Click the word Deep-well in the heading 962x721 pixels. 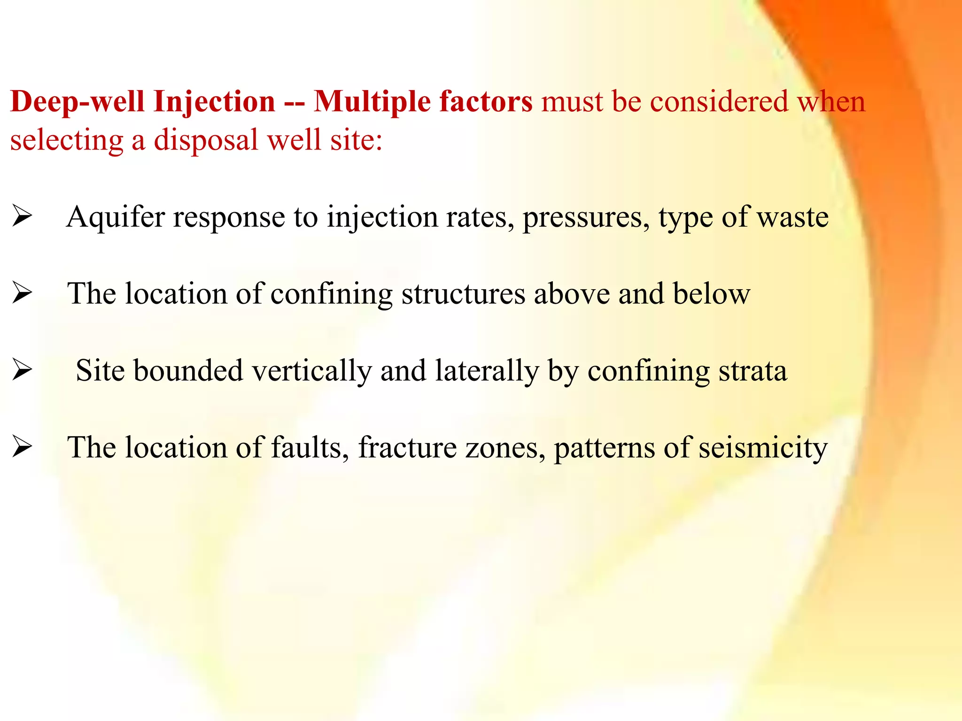click(x=78, y=102)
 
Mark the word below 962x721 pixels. click(x=711, y=294)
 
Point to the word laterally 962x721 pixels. click(x=487, y=371)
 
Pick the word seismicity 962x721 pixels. click(x=763, y=448)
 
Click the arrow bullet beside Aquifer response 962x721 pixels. click(x=22, y=217)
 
